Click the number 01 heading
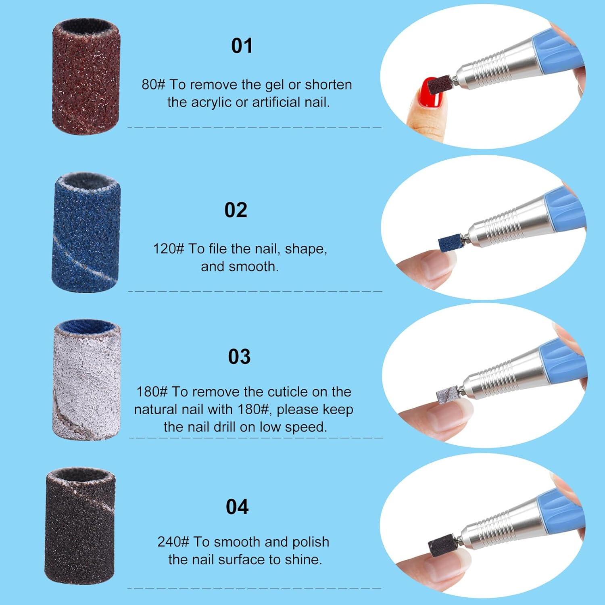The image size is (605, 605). (x=242, y=46)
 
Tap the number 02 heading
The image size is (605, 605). (x=236, y=210)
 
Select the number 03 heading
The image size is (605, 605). (x=239, y=357)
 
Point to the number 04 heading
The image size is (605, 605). (x=237, y=507)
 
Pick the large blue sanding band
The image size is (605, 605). (x=86, y=233)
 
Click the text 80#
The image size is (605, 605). (x=153, y=85)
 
